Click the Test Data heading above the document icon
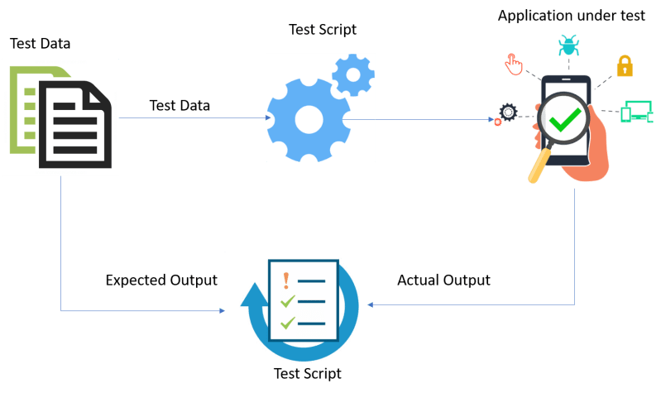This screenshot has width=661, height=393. click(x=40, y=44)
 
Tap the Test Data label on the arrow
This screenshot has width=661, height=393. click(x=180, y=105)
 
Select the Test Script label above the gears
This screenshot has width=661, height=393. click(x=322, y=30)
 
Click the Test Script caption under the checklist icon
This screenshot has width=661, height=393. click(x=307, y=373)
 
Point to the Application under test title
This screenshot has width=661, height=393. click(x=572, y=17)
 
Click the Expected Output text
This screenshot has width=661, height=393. click(x=161, y=280)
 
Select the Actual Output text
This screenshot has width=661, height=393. click(x=443, y=280)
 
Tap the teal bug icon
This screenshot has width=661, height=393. click(x=568, y=45)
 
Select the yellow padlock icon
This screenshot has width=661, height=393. click(x=623, y=65)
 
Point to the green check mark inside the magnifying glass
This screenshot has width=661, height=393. click(x=566, y=121)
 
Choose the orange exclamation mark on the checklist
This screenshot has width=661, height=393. click(x=286, y=280)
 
